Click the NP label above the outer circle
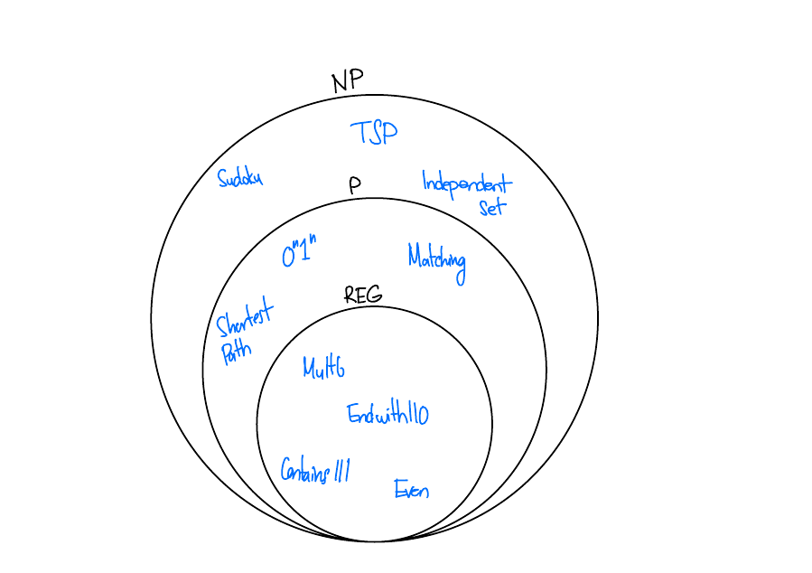pyautogui.click(x=347, y=81)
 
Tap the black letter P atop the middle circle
pyautogui.click(x=355, y=185)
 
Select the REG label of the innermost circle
pyautogui.click(x=363, y=295)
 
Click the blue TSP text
pyautogui.click(x=373, y=133)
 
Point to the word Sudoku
pyautogui.click(x=239, y=177)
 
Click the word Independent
pyautogui.click(x=466, y=183)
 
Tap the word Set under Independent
pyautogui.click(x=492, y=207)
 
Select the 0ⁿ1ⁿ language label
pyautogui.click(x=299, y=253)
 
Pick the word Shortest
pyautogui.click(x=244, y=320)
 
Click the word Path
pyautogui.click(x=236, y=351)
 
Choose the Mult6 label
pyautogui.click(x=323, y=368)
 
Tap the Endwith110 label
pyautogui.click(x=387, y=414)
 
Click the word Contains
pyautogui.click(x=304, y=470)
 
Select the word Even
pyautogui.click(x=411, y=490)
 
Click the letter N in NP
pyautogui.click(x=341, y=82)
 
